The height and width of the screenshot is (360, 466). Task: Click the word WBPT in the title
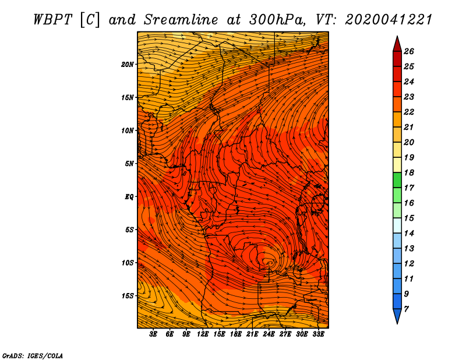coord(52,20)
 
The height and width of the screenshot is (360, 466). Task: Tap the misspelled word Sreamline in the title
coord(181,20)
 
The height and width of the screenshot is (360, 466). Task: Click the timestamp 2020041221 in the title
coord(389,20)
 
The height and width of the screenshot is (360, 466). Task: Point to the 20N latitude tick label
coord(128,65)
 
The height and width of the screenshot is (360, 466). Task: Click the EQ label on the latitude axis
coord(129,197)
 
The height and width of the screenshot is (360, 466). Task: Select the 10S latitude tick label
coord(128,263)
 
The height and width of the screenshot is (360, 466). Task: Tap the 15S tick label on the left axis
coord(128,296)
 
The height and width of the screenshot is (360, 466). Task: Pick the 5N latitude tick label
coord(129,164)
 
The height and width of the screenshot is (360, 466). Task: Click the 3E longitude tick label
coord(153,334)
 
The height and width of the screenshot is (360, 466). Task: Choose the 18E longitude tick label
coord(236,334)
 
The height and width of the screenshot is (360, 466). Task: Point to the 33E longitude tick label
coord(318,334)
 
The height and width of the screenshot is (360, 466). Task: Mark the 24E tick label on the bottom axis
coord(269,334)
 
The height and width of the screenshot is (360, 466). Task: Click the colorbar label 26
coord(409,52)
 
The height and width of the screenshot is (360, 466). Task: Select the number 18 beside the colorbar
coord(409,173)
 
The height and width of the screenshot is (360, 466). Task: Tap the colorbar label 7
coord(406,309)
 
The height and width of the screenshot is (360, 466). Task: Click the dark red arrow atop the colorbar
coord(397,44)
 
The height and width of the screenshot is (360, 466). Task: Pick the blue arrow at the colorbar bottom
coord(397,316)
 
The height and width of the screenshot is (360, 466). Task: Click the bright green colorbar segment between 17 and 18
coord(397,180)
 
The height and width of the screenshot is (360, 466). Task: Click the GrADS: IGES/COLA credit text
coord(33,356)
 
